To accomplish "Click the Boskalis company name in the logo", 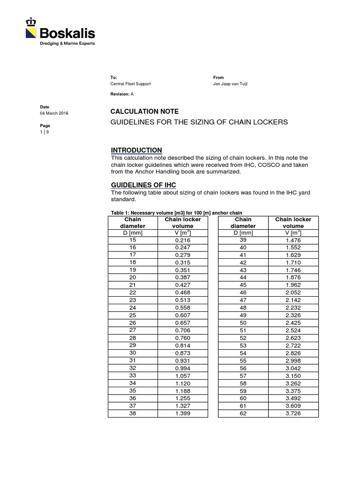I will click(67, 33).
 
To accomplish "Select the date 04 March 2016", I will click(54, 113).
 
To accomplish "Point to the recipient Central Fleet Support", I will click(130, 84).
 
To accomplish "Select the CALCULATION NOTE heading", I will click(144, 112).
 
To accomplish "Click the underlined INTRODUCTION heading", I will click(136, 150).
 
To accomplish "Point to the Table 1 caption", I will click(176, 213).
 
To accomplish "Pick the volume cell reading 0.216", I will click(182, 240).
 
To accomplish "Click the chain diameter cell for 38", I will click(133, 413).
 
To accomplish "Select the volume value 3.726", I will click(293, 413).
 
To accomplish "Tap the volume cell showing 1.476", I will click(293, 240).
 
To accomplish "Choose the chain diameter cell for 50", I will click(243, 323).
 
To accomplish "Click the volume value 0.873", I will click(182, 353).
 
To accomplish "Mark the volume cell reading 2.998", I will click(293, 360).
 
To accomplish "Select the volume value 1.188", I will click(182, 390).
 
